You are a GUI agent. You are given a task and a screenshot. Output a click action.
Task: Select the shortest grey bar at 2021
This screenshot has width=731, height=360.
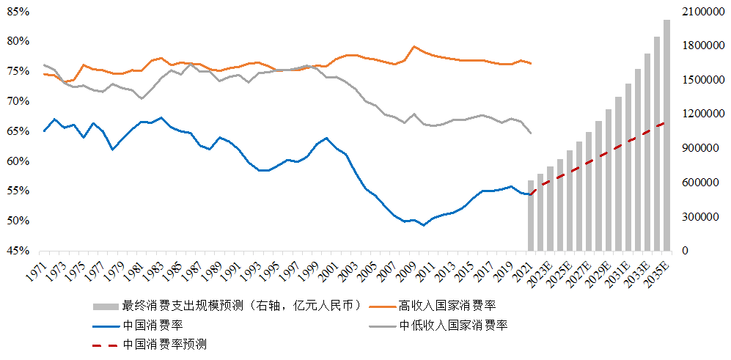click(531, 216)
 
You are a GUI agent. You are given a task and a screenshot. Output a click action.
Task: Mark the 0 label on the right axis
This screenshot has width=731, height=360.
click(685, 251)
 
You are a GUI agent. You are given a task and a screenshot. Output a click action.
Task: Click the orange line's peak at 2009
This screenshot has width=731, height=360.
click(414, 47)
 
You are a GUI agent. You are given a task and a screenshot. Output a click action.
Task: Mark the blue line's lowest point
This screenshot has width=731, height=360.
click(424, 225)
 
